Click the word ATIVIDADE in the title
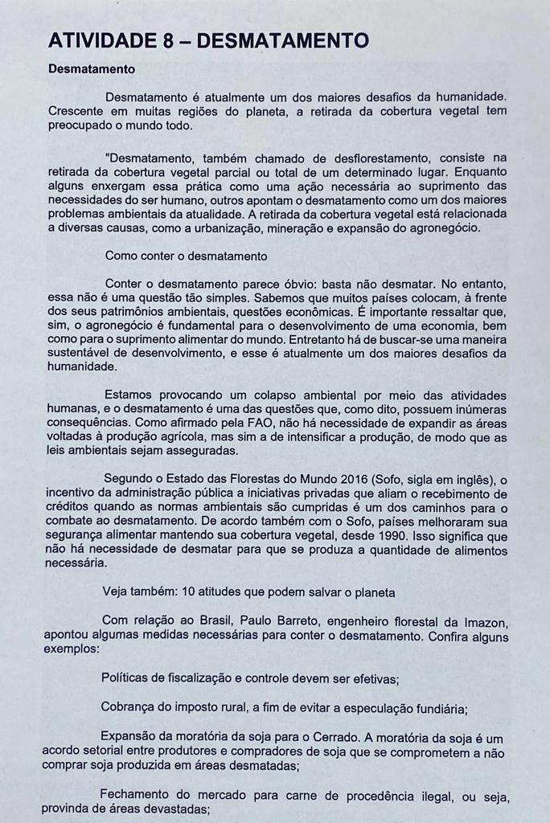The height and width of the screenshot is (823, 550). pyautogui.click(x=104, y=40)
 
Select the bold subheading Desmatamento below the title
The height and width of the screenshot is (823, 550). pyautogui.click(x=92, y=70)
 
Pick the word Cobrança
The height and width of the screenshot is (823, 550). pyautogui.click(x=129, y=708)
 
